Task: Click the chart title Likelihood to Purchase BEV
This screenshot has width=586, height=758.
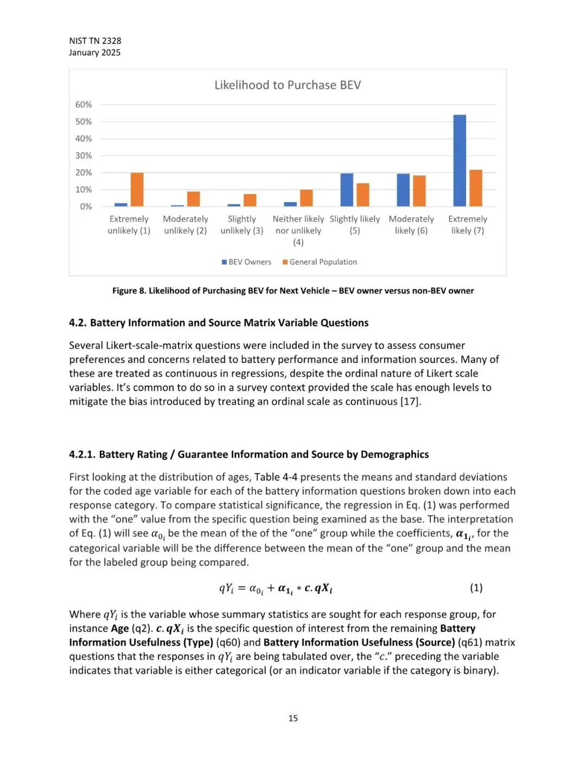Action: pyautogui.click(x=288, y=85)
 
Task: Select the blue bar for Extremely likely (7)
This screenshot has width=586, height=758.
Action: pyautogui.click(x=460, y=161)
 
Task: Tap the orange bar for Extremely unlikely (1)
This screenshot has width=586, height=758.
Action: pyautogui.click(x=137, y=189)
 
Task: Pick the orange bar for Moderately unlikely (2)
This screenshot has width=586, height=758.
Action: pyautogui.click(x=194, y=199)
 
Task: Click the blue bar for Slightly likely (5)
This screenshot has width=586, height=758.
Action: pyautogui.click(x=347, y=190)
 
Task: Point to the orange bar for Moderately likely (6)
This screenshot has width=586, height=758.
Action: pyautogui.click(x=419, y=191)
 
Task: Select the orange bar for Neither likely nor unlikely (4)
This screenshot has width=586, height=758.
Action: pyautogui.click(x=307, y=198)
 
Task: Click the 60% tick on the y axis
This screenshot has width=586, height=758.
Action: pyautogui.click(x=84, y=105)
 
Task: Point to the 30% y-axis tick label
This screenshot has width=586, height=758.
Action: pyautogui.click(x=84, y=156)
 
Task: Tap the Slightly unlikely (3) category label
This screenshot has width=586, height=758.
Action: pyautogui.click(x=242, y=225)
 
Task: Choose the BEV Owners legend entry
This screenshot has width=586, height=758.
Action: pyautogui.click(x=246, y=262)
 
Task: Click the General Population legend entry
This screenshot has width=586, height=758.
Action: pyautogui.click(x=320, y=262)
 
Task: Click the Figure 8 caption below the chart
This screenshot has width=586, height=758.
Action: pyautogui.click(x=293, y=291)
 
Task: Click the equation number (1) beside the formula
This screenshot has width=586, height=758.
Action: pyautogui.click(x=476, y=588)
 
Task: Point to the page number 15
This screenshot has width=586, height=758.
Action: pyautogui.click(x=293, y=718)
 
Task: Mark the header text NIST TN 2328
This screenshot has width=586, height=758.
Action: pyautogui.click(x=95, y=41)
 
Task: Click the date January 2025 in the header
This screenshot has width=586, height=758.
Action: pyautogui.click(x=95, y=53)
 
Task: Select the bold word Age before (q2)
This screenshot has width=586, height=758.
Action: pyautogui.click(x=120, y=628)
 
